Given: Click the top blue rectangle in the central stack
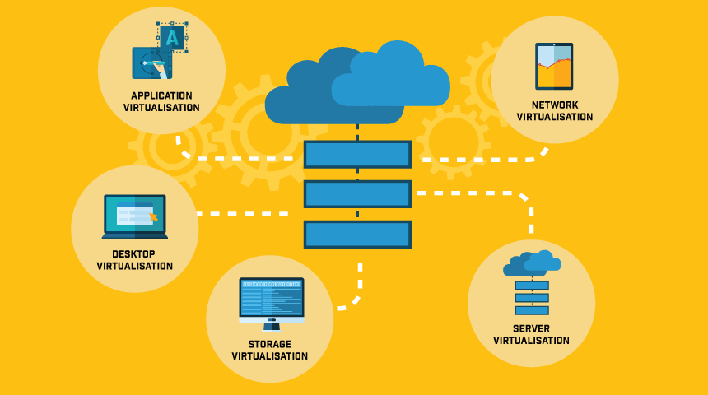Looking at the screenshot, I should coord(357,155).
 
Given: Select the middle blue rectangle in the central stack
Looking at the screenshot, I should coord(357,194).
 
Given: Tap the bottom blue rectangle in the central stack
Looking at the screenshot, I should coord(357,235).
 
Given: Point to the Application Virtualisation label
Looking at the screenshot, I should coord(161,101).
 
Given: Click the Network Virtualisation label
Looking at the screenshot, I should coord(555,111).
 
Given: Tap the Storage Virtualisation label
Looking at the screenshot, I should coord(270,351).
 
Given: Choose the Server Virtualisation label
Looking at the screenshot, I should coord(531,334).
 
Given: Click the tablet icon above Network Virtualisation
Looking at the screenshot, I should coord(554,66).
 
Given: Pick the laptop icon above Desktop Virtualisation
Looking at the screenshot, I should coord(135,217).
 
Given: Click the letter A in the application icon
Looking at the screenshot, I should coord(172,37).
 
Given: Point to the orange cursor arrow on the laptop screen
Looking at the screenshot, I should coord(152,217).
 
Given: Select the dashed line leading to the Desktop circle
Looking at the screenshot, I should coord(243,214).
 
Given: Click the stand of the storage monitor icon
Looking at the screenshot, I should coord(271,323).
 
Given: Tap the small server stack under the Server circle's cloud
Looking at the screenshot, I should coord(532,298).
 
